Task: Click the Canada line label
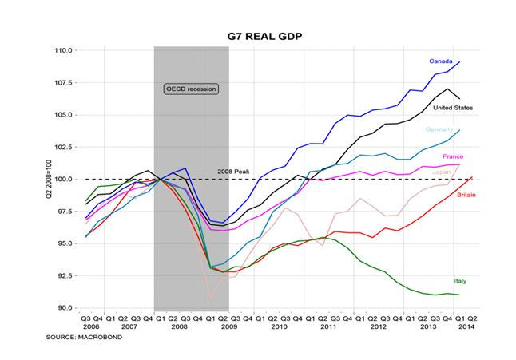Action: pos(440,61)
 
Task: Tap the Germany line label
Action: pos(439,129)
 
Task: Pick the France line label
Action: pos(453,157)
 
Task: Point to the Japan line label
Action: pos(441,172)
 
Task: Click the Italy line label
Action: pos(459,281)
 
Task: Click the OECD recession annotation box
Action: pos(191,89)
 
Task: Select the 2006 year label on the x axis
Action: pos(91,327)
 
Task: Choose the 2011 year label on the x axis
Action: pos(328,327)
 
